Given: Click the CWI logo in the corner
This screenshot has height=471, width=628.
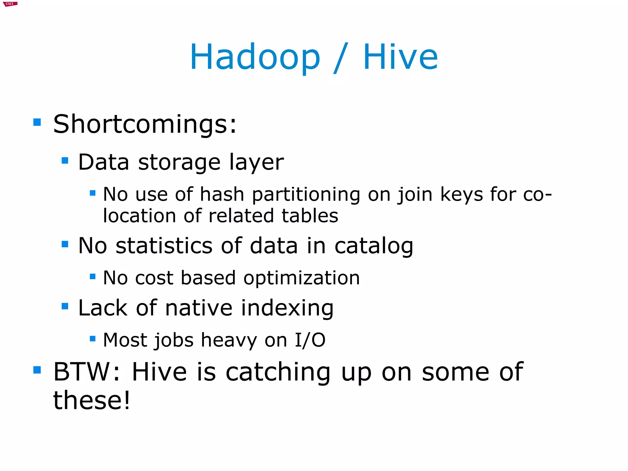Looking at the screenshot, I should coord(10,4).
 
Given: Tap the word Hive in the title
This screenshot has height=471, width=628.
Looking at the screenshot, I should coord(400,57).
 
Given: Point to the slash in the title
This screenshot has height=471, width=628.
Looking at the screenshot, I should coord(341,58).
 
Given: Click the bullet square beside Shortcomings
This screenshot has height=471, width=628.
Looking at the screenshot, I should coord(37,122).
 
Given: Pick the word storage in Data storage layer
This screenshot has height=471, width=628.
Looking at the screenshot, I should coord(179,162).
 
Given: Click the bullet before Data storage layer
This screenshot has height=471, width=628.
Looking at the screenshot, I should coord(65,160).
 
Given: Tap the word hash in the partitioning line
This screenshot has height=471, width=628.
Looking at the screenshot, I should coord(222,195).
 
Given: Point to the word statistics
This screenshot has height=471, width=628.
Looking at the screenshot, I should coord(164,246).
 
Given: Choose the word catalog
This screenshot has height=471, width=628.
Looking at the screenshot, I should coord(374,246).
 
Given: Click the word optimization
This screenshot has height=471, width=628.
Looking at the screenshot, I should coord(301,278).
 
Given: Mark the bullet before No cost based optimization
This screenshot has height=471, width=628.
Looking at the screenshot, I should coord(93,276).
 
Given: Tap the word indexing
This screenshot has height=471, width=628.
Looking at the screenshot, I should coord(287,308).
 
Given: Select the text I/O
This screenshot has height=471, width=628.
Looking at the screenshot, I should coord(310,340).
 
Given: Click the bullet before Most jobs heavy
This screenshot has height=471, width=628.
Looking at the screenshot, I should coord(93,339).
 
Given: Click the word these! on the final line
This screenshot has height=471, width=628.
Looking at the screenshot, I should coord(92,400).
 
